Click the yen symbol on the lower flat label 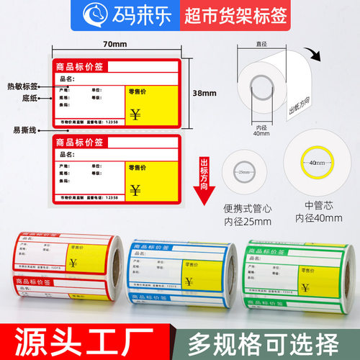pos(135,189)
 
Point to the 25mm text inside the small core pos(244,174)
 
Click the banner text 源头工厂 pos(88,338)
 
